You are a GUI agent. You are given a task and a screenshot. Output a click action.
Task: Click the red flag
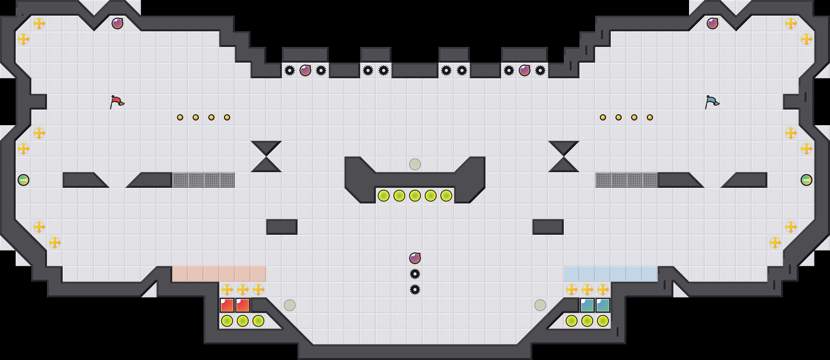117,102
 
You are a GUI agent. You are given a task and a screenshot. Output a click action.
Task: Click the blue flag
712,102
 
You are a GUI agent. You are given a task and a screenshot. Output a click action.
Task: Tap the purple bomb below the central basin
415,258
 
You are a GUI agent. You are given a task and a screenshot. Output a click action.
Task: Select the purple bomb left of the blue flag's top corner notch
713,23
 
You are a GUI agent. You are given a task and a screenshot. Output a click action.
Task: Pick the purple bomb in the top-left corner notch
117,23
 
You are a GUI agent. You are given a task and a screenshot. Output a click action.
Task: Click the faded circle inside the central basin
415,164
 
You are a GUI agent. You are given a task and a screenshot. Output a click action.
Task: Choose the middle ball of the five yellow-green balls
415,196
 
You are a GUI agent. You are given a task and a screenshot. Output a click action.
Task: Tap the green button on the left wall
23,180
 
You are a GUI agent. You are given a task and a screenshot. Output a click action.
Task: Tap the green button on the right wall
807,180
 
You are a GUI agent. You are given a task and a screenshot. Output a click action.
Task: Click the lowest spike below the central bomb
415,290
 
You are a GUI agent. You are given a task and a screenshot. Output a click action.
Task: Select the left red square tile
227,305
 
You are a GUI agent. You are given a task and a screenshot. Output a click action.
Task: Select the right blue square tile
603,305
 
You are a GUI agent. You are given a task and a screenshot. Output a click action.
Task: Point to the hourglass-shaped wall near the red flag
266,157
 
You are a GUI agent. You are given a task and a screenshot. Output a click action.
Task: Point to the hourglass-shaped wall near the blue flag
564,157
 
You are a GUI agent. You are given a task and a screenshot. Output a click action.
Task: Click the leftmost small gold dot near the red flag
180,117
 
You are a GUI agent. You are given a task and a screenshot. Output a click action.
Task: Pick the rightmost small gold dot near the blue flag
650,117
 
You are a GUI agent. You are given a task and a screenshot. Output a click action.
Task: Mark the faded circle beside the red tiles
290,305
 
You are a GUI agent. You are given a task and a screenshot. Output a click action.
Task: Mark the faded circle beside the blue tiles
540,305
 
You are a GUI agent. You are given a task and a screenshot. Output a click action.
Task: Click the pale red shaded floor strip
219,274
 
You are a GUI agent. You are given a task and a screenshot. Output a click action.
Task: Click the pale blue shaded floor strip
611,274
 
